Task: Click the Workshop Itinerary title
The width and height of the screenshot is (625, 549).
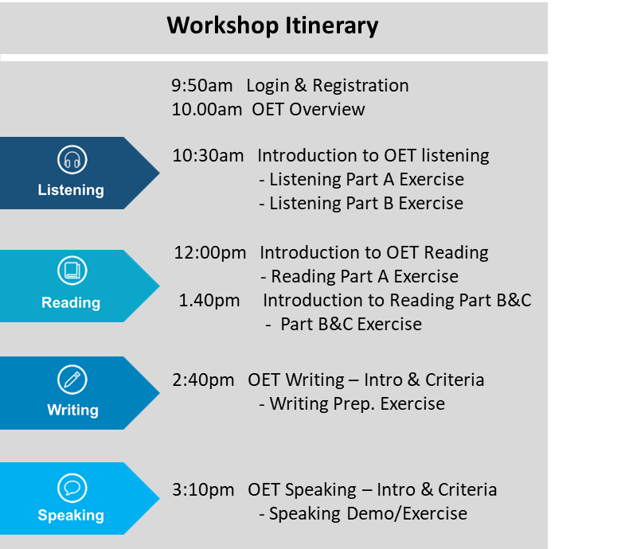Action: (x=272, y=26)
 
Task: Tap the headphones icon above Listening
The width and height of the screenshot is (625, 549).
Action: (x=72, y=160)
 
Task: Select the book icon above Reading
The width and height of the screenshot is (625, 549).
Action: (x=72, y=271)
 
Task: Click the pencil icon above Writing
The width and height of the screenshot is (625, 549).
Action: (x=72, y=380)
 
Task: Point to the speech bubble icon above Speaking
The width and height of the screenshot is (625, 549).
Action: (x=72, y=488)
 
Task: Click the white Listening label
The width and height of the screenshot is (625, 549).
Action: (x=71, y=190)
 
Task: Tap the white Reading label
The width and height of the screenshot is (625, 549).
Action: (x=71, y=303)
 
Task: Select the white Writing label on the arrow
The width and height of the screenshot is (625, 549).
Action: (x=72, y=410)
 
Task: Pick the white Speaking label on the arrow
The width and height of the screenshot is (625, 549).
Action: (x=71, y=516)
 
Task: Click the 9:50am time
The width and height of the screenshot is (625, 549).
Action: (x=202, y=86)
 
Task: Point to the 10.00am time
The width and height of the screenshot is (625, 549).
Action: (x=207, y=110)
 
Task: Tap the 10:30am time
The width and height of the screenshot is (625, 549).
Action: (x=208, y=156)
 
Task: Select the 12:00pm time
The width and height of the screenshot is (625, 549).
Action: (x=210, y=253)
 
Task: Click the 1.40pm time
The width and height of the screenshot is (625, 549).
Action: (x=209, y=301)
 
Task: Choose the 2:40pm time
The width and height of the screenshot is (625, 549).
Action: (x=203, y=380)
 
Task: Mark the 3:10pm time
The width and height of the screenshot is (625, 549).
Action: (x=203, y=490)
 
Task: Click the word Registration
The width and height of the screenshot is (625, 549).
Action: (x=361, y=86)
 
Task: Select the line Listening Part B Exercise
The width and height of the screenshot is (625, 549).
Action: (x=361, y=204)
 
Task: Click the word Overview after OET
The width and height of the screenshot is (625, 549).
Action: (x=327, y=110)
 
